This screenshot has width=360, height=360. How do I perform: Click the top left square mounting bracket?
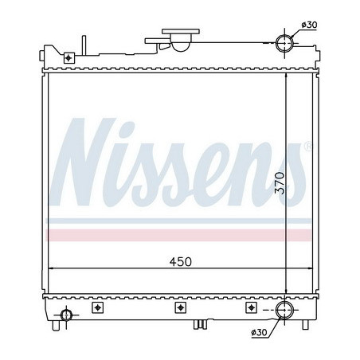pos(70,57)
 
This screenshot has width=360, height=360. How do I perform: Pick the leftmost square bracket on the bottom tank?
pos(98,308)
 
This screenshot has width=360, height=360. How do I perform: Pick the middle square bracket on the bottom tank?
pos(178,308)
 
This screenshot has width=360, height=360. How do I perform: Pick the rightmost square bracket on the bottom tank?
pos(250,308)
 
